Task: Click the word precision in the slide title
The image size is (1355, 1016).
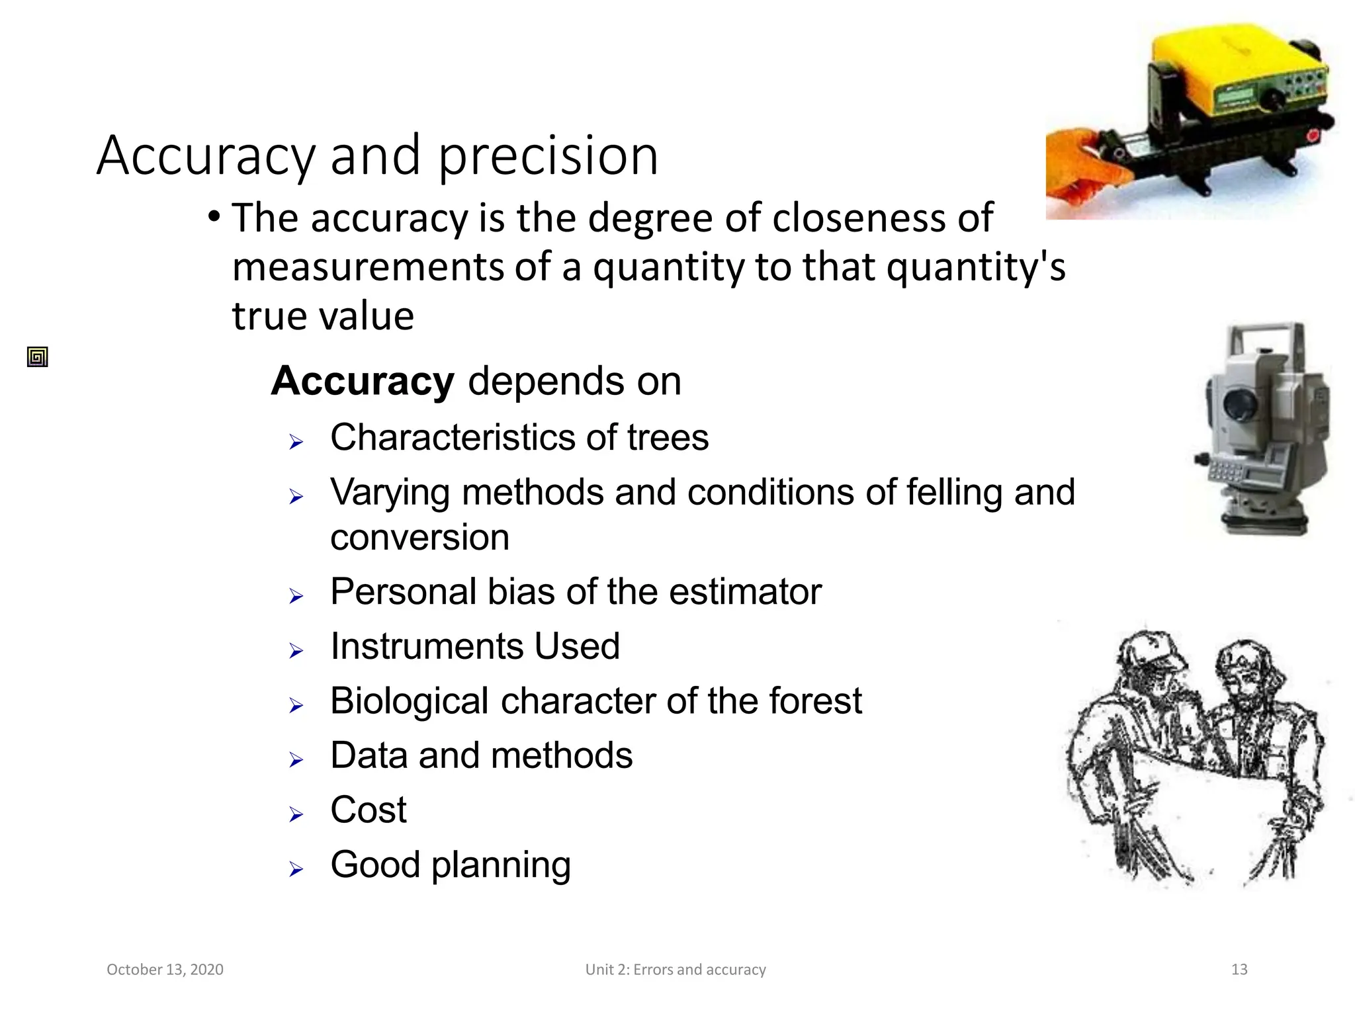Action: pos(548,157)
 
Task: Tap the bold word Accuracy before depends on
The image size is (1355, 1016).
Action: pos(363,382)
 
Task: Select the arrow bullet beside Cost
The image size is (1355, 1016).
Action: pos(296,814)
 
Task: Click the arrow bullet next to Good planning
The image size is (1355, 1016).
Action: pos(296,868)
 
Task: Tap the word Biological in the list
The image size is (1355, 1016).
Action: pos(410,701)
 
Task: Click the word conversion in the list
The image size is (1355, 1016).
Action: pos(419,537)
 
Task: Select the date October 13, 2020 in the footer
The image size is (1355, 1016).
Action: pos(165,970)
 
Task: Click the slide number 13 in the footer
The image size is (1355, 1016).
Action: pos(1239,970)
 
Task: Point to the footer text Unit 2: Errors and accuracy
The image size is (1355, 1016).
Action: pos(676,970)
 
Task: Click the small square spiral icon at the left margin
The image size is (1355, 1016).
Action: pos(38,357)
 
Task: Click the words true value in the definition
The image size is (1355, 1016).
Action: pos(323,316)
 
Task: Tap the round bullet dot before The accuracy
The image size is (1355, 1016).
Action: pos(213,217)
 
